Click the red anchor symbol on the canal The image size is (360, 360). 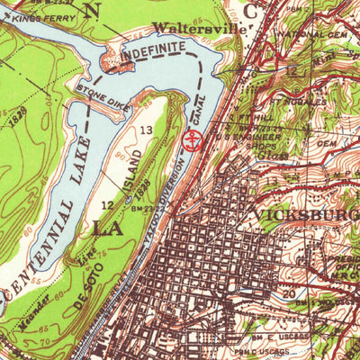coord(191,139)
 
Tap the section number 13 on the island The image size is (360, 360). coord(146,131)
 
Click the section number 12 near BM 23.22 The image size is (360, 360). coord(107,206)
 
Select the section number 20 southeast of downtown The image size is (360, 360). coord(288,293)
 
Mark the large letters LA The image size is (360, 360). coord(107,229)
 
